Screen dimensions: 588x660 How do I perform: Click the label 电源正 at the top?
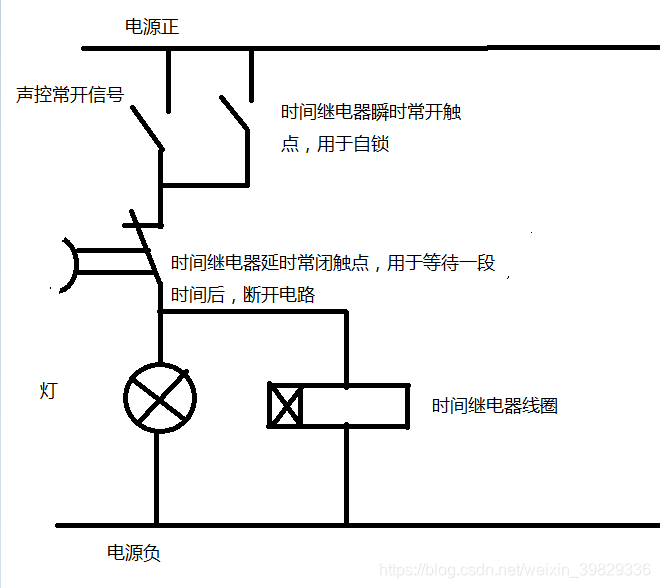coord(152,28)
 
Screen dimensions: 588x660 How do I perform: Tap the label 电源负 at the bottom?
coord(134,552)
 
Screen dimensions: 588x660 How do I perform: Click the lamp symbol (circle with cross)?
coord(158,398)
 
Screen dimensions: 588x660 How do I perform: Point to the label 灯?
coord(49,390)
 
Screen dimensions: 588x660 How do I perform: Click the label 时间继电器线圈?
coord(494,406)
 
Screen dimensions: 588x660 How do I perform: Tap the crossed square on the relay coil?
coord(285,405)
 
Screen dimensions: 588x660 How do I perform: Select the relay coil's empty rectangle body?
coord(355,405)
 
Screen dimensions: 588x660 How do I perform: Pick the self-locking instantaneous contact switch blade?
coord(234,112)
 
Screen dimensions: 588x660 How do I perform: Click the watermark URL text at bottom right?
coord(518,569)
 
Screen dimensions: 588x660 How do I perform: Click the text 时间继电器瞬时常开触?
coord(371,113)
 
